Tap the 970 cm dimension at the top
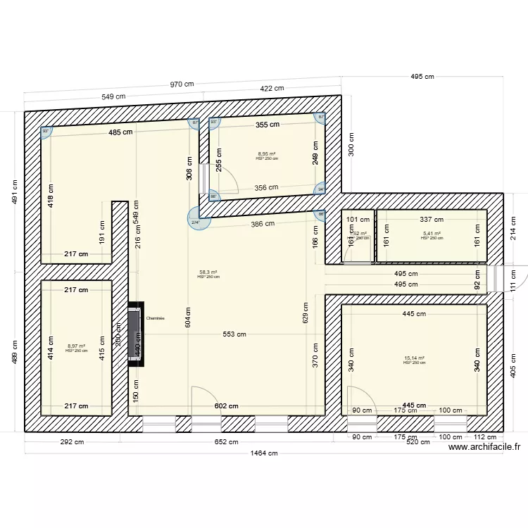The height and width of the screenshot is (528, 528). pyautogui.click(x=182, y=84)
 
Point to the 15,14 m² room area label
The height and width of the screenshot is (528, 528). pyautogui.click(x=414, y=358)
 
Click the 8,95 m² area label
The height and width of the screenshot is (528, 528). pyautogui.click(x=267, y=154)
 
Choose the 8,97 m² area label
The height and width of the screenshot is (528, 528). pyautogui.click(x=76, y=346)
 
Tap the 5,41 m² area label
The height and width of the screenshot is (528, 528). pyautogui.click(x=432, y=234)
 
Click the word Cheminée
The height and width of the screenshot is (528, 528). pyautogui.click(x=155, y=318)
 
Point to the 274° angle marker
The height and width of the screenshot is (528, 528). pyautogui.click(x=196, y=222)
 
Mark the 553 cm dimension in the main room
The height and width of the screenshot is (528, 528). pyautogui.click(x=235, y=334)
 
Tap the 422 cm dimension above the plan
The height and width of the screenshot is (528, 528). pyautogui.click(x=272, y=89)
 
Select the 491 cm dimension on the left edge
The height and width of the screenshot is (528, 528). pyautogui.click(x=14, y=191)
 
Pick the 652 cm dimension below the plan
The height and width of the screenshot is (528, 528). pyautogui.click(x=227, y=442)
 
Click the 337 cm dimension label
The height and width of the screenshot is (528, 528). pyautogui.click(x=431, y=220)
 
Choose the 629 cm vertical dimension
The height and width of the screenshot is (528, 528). pyautogui.click(x=305, y=313)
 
